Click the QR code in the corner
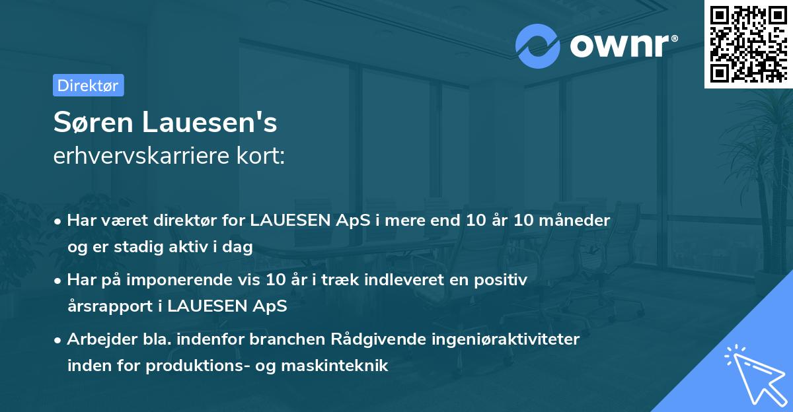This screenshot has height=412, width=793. coord(748,44)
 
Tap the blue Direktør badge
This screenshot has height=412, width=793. coord(88,85)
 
